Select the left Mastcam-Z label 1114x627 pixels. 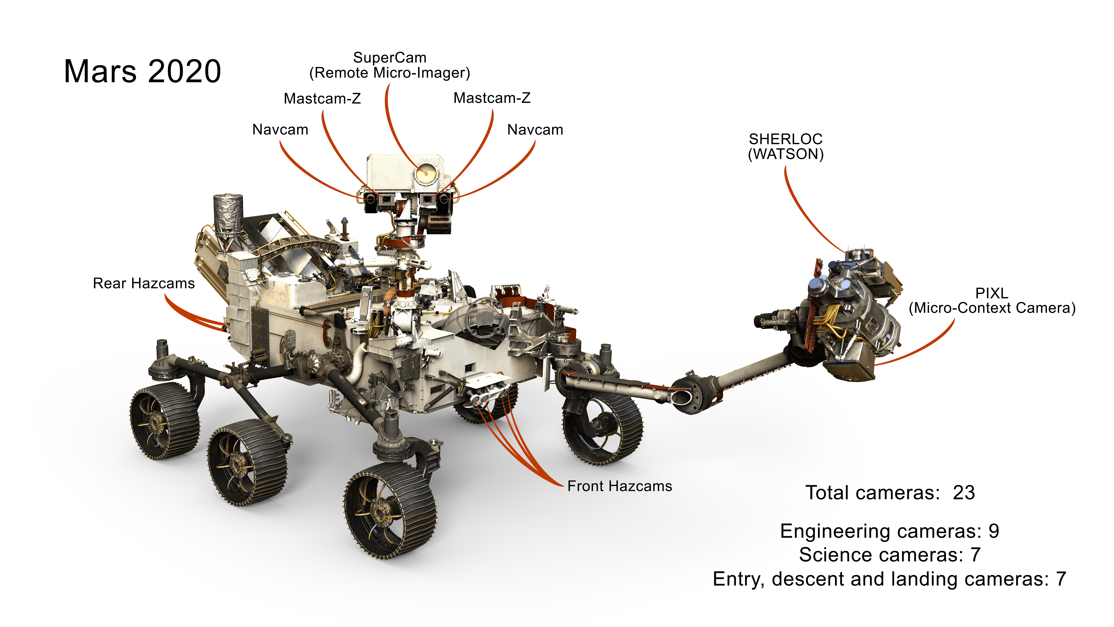(322, 99)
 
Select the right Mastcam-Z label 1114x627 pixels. (492, 98)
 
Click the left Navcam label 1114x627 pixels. (280, 130)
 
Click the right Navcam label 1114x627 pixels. (535, 130)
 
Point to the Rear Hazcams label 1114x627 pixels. (144, 283)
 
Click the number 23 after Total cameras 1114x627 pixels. (964, 493)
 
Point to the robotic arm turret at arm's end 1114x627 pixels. (848, 316)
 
